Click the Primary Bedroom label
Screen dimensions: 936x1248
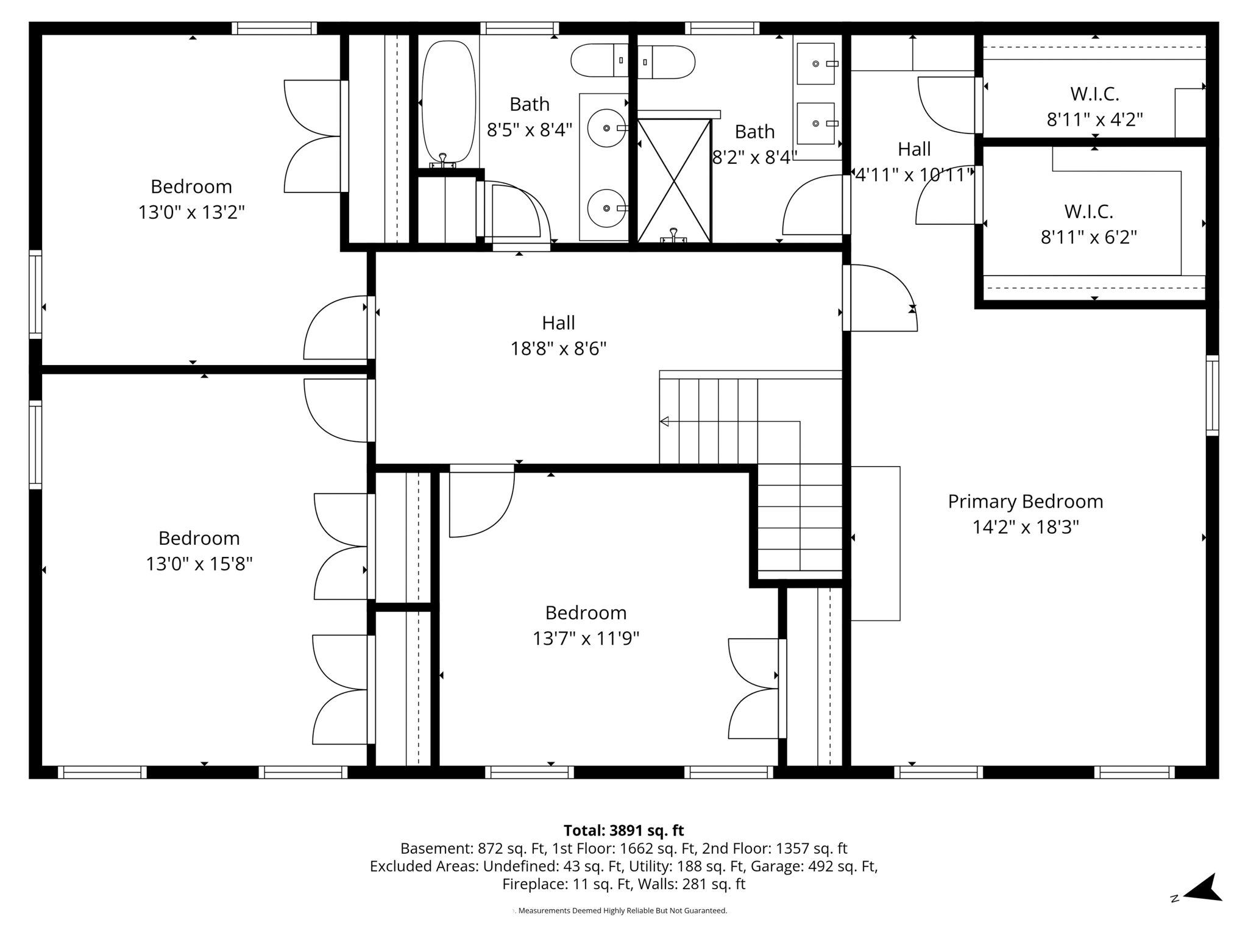click(x=1025, y=502)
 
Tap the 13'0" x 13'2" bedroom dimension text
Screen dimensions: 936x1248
click(x=191, y=213)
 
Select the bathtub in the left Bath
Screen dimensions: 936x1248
click(x=448, y=102)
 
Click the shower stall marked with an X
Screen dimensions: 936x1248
click(x=674, y=180)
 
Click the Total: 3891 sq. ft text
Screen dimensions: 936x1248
click(x=623, y=831)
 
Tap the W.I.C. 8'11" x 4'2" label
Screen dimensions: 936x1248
click(x=1094, y=107)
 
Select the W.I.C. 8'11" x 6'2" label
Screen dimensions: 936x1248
click(x=1088, y=224)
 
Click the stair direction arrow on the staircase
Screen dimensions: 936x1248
click(x=664, y=421)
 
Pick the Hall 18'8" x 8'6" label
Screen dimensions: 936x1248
click(x=558, y=336)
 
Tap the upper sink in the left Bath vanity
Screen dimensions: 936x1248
click(x=606, y=128)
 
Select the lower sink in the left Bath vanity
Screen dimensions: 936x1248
click(x=606, y=208)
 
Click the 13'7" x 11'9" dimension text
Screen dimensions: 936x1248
click(x=586, y=639)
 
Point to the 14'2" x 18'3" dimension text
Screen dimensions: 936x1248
click(x=1025, y=527)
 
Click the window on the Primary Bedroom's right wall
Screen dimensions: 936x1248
click(x=1212, y=395)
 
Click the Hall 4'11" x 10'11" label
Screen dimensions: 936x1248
click(x=913, y=162)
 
